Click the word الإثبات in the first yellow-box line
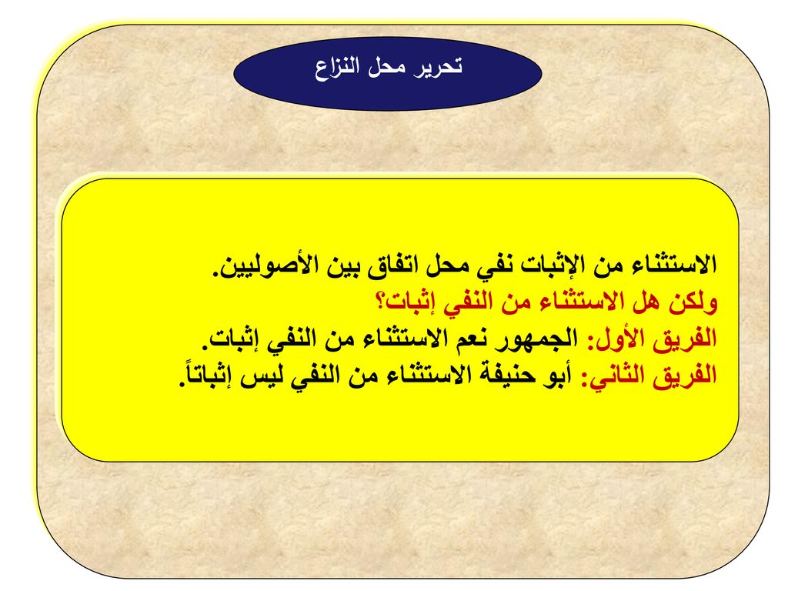pos(546,265)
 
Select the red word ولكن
pos(693,302)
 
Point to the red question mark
pos(380,302)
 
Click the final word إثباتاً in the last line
pos(206,375)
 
